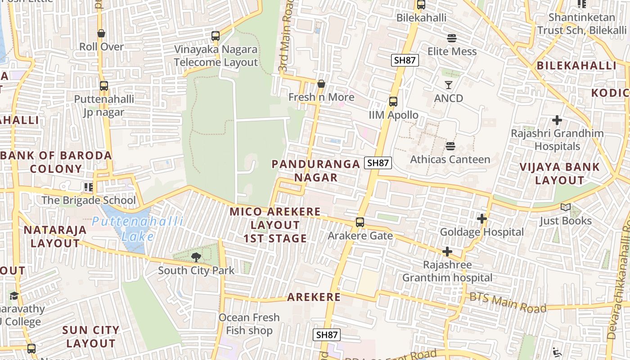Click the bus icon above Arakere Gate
[360, 222]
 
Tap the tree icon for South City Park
[196, 257]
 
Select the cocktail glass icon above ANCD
[448, 85]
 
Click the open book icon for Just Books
[565, 207]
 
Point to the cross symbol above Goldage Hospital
[482, 219]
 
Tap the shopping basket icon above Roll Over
[101, 34]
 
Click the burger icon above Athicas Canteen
[450, 146]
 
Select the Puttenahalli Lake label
[137, 228]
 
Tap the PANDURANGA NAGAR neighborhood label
[316, 171]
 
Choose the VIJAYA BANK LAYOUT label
[559, 174]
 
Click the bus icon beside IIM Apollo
[393, 102]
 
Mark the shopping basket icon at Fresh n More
[321, 84]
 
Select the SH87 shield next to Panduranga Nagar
[378, 163]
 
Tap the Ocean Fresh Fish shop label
[249, 324]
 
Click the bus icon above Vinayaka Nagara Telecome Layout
[216, 36]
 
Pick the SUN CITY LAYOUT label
[91, 337]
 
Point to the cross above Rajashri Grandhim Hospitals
[557, 120]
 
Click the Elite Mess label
[452, 51]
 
